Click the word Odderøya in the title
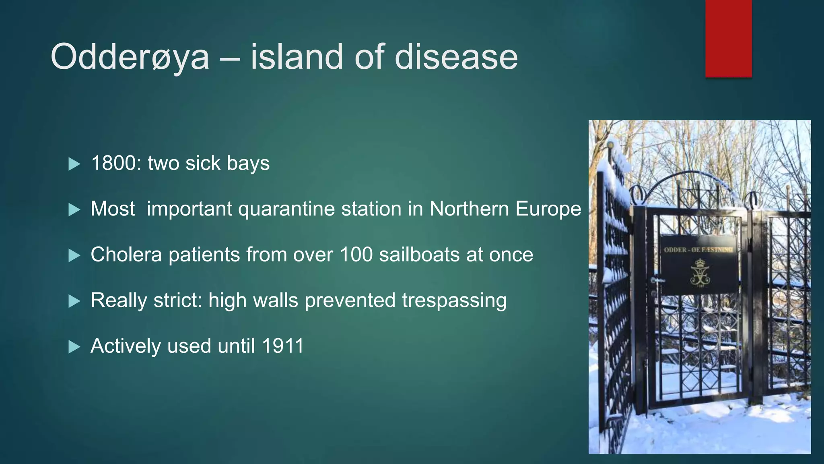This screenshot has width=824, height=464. click(130, 57)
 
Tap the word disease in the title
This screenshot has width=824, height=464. click(456, 57)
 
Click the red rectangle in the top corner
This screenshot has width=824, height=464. click(728, 38)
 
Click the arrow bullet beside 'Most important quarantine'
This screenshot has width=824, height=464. click(74, 209)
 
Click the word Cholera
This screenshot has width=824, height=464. click(126, 255)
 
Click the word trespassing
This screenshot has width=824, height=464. click(454, 301)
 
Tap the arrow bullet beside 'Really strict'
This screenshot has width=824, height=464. click(74, 301)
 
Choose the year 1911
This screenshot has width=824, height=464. click(282, 346)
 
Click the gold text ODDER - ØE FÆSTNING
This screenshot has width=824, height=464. click(698, 250)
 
